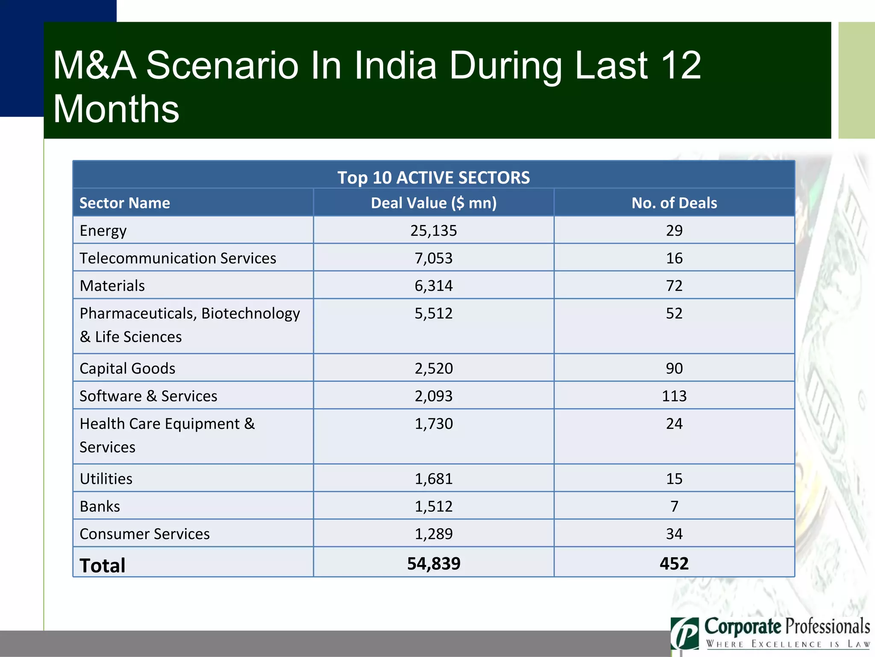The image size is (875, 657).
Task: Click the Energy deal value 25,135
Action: coord(433,231)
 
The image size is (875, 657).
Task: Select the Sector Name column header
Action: coord(124,203)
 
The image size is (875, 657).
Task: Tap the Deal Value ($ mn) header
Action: coord(433,203)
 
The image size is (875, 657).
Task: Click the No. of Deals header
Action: coord(674,203)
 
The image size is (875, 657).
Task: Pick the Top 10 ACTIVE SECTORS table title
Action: coord(433,178)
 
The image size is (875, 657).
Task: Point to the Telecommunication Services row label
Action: coord(178,258)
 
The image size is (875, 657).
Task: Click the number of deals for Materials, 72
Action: coord(674,286)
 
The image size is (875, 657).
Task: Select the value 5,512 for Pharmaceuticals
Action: coord(433,314)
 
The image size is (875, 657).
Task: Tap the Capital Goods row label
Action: coord(127,368)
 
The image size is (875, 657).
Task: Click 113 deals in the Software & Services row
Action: coord(674,396)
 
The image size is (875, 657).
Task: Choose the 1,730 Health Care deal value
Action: coord(433,424)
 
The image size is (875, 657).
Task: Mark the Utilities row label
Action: coord(106,479)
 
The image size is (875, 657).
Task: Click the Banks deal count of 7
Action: coord(674,506)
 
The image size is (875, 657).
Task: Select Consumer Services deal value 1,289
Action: coord(433,534)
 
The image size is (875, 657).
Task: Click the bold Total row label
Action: coord(102,565)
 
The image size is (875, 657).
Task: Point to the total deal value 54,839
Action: coord(433,563)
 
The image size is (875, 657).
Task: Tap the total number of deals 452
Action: coord(674,563)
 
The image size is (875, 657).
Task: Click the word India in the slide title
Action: coord(395,65)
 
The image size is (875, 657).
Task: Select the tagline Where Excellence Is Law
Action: coord(787,644)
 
